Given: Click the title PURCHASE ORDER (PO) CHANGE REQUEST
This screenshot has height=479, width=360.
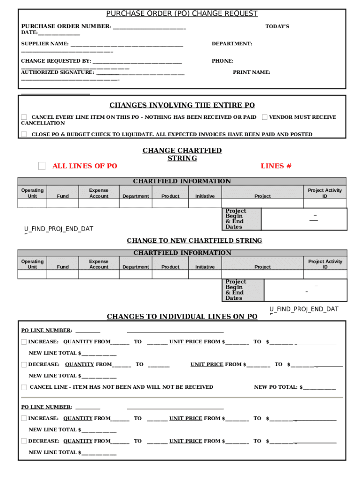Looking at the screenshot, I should [x=182, y=14].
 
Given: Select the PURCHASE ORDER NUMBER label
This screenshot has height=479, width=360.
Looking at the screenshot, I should [x=66, y=26].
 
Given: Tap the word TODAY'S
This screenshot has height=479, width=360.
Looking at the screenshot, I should [x=277, y=26].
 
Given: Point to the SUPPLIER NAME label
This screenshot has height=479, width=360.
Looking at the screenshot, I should [x=45, y=44].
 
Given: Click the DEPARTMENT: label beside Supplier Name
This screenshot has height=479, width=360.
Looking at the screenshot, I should [x=232, y=44].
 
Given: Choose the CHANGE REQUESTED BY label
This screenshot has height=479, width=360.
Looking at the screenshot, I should [x=56, y=61].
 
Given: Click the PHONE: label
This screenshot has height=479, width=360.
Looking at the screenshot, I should [x=223, y=61].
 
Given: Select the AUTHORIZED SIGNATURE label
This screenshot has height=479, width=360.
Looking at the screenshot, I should [x=58, y=73].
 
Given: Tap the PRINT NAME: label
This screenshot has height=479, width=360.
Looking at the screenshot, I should [x=252, y=73].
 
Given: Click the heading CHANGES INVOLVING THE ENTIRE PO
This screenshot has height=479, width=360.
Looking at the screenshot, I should [x=182, y=105].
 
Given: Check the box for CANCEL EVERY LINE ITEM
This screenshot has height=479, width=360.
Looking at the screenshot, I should [x=24, y=117].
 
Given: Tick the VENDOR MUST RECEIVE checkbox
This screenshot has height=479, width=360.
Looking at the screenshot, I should [x=265, y=117].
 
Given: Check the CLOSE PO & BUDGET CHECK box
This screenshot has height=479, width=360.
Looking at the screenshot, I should [x=24, y=134].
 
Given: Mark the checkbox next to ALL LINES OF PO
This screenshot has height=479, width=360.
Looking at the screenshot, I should [x=42, y=166].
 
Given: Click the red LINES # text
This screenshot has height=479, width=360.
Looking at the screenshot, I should [x=276, y=166].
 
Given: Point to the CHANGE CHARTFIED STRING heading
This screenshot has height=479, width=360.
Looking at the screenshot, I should [x=182, y=154].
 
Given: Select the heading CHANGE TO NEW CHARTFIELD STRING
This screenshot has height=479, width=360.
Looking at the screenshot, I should [x=194, y=240].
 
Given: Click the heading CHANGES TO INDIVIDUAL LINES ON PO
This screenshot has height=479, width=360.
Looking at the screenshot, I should [x=182, y=317].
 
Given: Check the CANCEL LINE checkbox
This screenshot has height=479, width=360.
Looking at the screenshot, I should [x=24, y=387].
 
